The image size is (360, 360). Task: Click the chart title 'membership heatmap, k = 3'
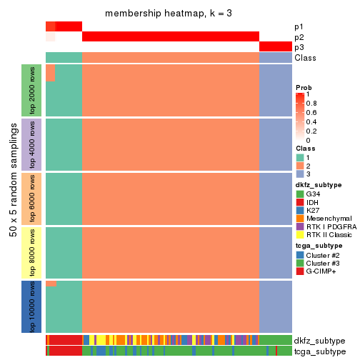(x=168, y=14)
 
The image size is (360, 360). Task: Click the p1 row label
(x=299, y=27)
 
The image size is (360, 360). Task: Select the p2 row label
(x=299, y=37)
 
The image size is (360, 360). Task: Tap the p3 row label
(x=299, y=47)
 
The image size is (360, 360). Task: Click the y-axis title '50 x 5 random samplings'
(x=12, y=199)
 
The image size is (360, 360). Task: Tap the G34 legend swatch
(x=300, y=194)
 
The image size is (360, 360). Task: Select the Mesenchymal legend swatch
(x=300, y=220)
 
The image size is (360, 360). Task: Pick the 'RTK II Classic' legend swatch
(x=300, y=237)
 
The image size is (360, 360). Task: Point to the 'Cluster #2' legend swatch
(x=300, y=254)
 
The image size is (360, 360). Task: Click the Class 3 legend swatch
(x=300, y=174)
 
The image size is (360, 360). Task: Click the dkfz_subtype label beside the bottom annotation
(x=320, y=341)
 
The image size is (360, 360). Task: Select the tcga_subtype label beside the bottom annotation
(x=319, y=351)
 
